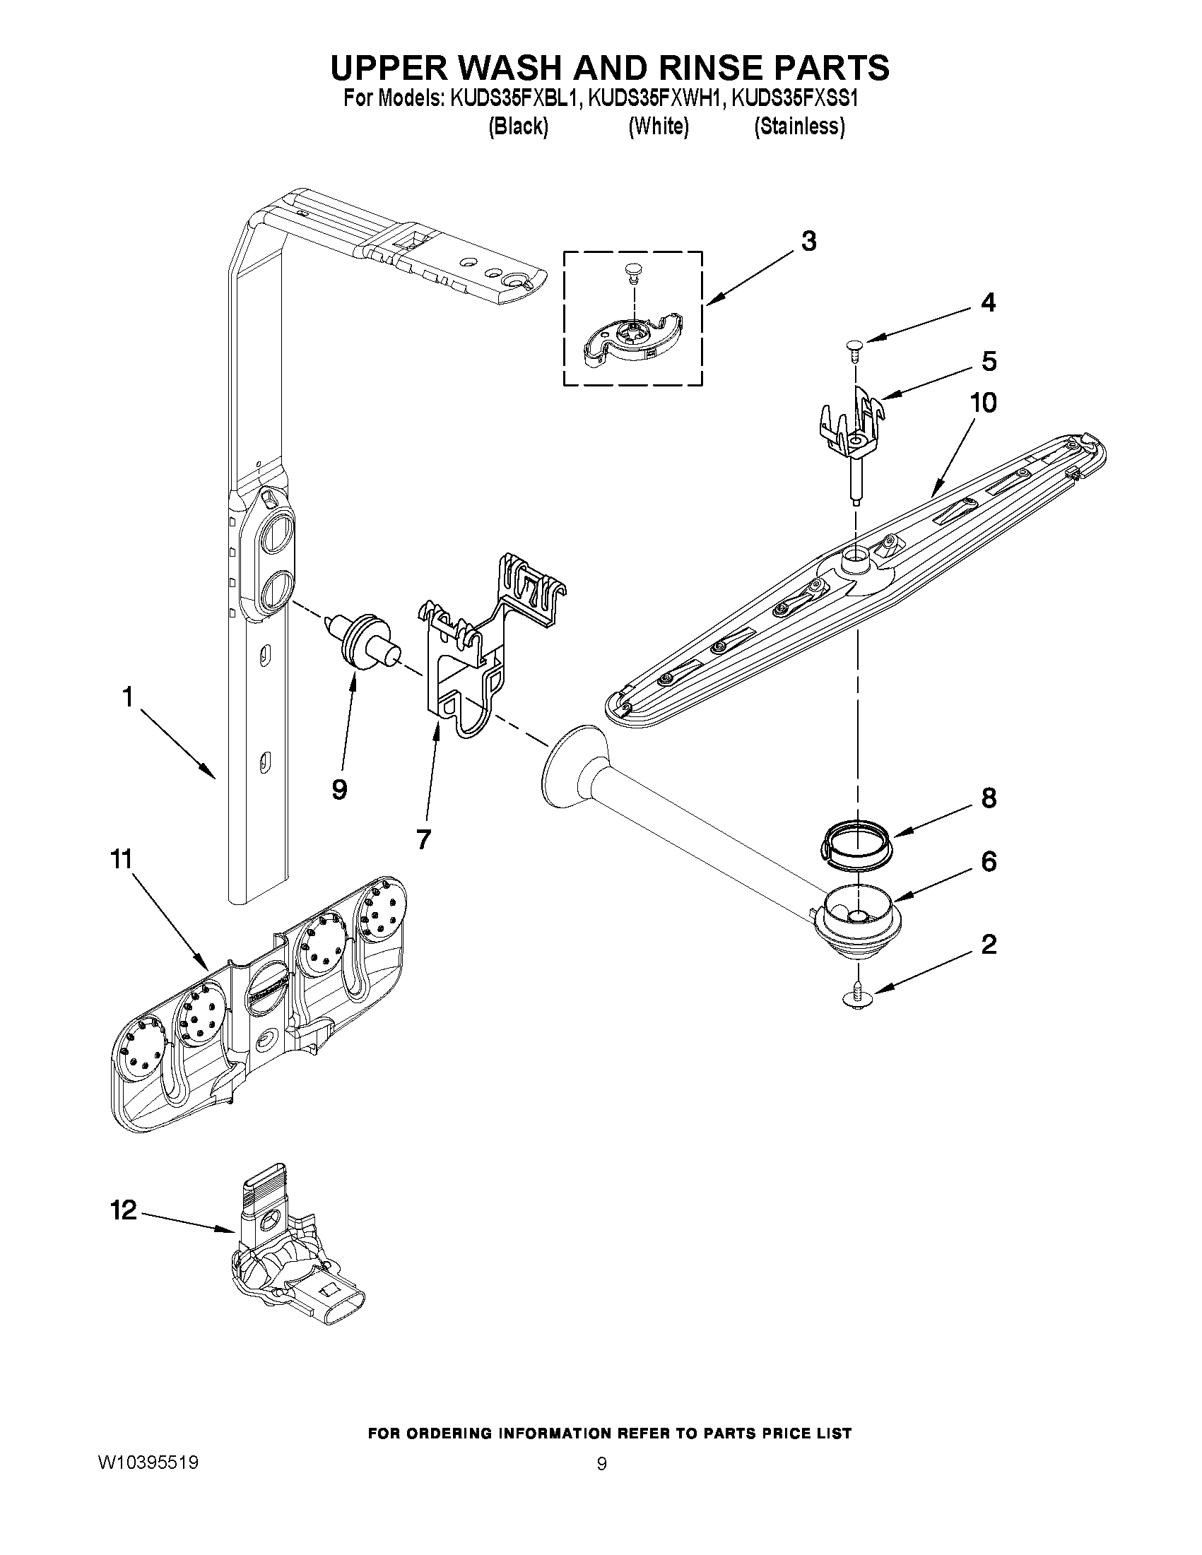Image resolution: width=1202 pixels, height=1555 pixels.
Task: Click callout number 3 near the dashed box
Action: pyautogui.click(x=808, y=242)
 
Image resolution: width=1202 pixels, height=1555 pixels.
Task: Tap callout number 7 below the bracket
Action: pyautogui.click(x=423, y=839)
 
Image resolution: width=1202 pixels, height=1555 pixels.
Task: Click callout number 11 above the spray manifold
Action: pyautogui.click(x=121, y=859)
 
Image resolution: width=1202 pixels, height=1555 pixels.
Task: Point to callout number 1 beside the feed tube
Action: pyautogui.click(x=127, y=697)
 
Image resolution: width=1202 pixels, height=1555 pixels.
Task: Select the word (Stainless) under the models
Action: pyautogui.click(x=800, y=126)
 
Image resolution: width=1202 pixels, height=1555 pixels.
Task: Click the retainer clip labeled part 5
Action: pyautogui.click(x=851, y=427)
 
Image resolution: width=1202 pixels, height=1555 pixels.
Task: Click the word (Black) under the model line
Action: pyautogui.click(x=518, y=126)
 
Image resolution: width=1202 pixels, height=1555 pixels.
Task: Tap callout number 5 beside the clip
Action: pyautogui.click(x=989, y=361)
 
